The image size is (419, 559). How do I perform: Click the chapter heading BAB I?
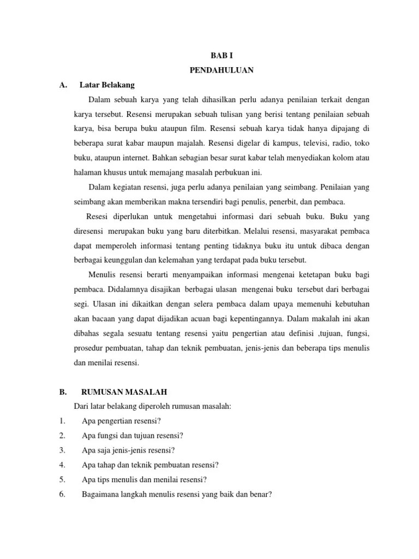(x=221, y=56)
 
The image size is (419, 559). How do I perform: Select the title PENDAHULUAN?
(x=221, y=70)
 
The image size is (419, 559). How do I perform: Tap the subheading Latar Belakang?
(x=107, y=85)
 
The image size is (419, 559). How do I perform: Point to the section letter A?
(x=63, y=85)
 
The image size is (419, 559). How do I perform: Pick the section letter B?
(x=63, y=392)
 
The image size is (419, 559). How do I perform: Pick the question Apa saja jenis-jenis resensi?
(x=128, y=450)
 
